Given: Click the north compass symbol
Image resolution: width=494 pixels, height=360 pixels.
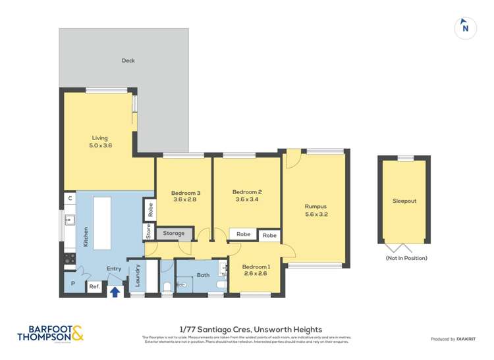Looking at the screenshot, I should [x=466, y=28].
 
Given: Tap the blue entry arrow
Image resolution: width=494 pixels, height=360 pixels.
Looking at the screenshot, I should [x=115, y=292].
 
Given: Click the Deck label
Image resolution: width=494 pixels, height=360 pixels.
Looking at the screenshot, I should [x=128, y=61].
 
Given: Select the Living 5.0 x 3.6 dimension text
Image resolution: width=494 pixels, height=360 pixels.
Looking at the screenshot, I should [x=101, y=145].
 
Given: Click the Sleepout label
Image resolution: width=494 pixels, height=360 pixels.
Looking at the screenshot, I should [x=404, y=201].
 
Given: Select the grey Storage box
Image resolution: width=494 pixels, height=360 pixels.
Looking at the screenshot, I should [x=174, y=234].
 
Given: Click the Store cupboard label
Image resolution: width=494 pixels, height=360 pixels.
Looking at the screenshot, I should [x=149, y=232].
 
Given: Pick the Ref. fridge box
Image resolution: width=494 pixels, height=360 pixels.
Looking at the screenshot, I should [x=95, y=286].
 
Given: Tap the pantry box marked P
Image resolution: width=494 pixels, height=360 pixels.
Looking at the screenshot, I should [x=72, y=284].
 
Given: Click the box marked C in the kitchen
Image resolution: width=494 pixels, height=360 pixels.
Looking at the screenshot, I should [x=69, y=198].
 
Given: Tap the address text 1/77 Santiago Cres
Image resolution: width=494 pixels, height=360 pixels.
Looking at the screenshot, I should [x=250, y=329].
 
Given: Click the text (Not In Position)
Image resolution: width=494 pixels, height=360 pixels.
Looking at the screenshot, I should [x=406, y=258].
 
